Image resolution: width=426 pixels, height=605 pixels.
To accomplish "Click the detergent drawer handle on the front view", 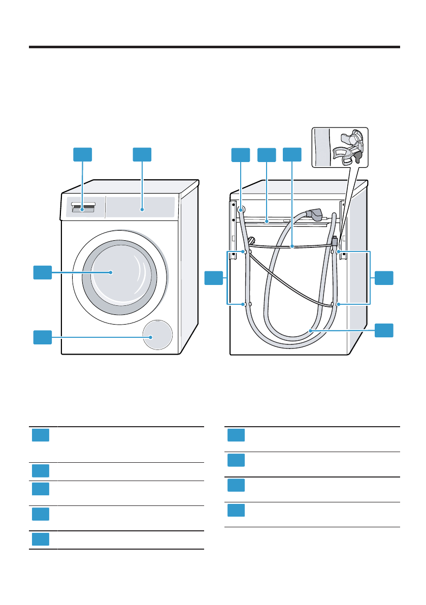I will point(83,207).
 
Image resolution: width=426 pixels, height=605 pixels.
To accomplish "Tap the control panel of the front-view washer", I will point(142,207).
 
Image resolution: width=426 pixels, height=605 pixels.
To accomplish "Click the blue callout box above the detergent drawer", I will point(83,155).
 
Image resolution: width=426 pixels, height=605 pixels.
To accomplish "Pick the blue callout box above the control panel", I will point(142,155).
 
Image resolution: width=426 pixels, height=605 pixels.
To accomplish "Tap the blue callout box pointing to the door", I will point(43,272).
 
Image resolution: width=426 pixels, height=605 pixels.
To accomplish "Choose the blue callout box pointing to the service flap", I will point(43,337).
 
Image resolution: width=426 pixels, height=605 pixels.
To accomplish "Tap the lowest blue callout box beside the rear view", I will point(384,330).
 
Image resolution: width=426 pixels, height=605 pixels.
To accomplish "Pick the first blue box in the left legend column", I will point(40,435).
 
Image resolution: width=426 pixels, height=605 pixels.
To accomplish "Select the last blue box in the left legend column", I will point(40,539).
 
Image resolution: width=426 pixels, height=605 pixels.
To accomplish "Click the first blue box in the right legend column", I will point(236,435).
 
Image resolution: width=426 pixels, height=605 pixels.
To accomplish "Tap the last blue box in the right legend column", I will point(236,511).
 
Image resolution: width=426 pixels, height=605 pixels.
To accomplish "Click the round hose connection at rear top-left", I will point(241,209).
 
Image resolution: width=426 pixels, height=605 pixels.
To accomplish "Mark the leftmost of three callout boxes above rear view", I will point(241,155).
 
